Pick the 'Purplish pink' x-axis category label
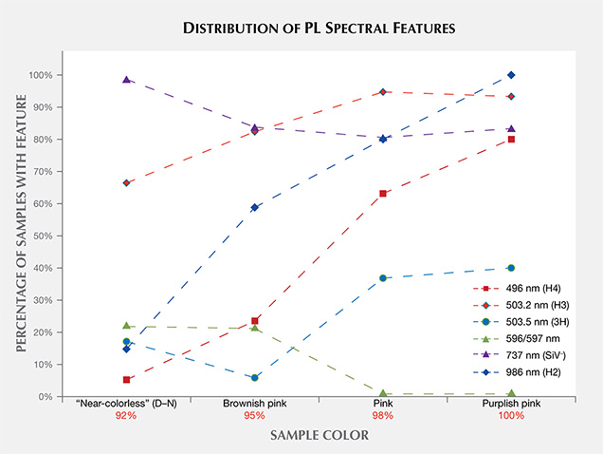(x=511, y=403)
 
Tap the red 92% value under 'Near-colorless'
(x=126, y=416)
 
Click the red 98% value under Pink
(x=383, y=416)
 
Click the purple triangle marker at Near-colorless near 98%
(x=126, y=80)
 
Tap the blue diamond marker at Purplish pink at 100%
(x=511, y=75)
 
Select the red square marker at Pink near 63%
(x=383, y=194)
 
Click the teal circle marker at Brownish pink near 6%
(x=254, y=377)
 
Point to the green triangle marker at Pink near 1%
(x=383, y=392)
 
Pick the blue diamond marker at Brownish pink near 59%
(x=254, y=207)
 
